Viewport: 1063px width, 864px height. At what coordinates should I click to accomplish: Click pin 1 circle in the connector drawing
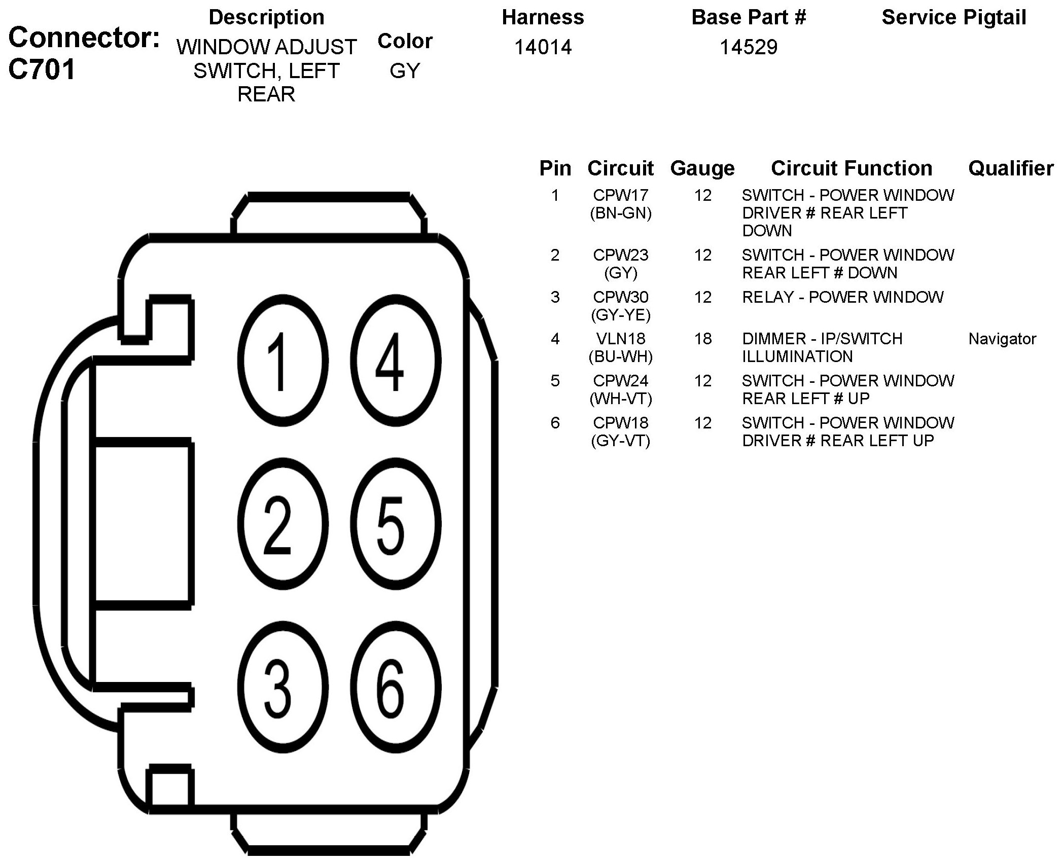[282, 361]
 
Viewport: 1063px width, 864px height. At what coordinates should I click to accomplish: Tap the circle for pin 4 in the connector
[396, 361]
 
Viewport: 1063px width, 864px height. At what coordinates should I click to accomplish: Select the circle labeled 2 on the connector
[282, 524]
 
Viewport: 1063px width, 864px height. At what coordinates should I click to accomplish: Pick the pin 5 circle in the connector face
[396, 524]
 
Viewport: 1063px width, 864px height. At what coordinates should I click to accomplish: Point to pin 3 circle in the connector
[282, 688]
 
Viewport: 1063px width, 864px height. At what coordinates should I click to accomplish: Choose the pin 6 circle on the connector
[396, 688]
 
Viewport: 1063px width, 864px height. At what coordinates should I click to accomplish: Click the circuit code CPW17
[620, 195]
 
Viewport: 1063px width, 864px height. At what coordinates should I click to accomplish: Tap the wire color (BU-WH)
[620, 357]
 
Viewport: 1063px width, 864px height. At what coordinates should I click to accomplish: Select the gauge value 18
[702, 339]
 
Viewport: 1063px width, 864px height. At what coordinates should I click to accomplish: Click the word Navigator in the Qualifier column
[1002, 339]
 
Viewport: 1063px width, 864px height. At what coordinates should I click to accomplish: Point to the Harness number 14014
[543, 47]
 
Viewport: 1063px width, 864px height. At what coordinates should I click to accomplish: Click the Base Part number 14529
[749, 47]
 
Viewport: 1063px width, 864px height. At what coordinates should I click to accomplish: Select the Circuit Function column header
[852, 168]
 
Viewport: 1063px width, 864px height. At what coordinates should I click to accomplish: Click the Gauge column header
[702, 168]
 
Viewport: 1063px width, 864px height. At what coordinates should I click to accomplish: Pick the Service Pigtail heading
[954, 17]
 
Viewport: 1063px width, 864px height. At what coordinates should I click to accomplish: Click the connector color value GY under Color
[405, 71]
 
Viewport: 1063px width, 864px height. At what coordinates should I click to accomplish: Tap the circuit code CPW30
[620, 297]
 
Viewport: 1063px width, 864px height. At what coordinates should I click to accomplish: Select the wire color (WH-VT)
[620, 399]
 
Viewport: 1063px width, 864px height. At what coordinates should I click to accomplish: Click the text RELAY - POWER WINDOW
[842, 297]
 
